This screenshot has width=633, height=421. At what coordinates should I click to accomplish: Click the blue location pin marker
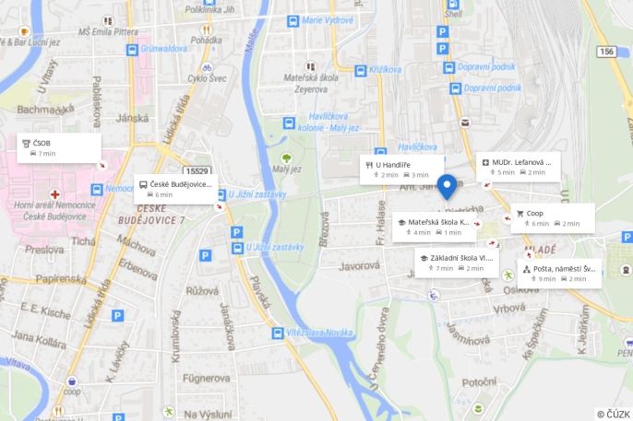click(448, 186)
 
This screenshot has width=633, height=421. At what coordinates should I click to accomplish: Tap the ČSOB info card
click(59, 147)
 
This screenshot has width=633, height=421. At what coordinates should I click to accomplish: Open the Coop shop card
click(554, 217)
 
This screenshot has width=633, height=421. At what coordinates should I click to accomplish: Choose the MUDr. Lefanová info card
click(520, 166)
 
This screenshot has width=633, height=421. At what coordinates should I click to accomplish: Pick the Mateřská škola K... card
click(434, 227)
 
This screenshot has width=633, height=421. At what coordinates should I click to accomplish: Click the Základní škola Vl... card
click(458, 263)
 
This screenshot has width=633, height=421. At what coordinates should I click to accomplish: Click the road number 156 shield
click(606, 52)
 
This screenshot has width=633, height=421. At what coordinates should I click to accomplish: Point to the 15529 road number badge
click(197, 170)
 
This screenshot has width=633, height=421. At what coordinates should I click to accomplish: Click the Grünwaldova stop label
click(165, 48)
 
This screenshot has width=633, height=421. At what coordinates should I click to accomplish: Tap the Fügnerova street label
click(205, 378)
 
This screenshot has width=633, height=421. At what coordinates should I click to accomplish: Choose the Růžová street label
click(202, 290)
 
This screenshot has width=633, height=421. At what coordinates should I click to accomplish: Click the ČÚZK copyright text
click(613, 414)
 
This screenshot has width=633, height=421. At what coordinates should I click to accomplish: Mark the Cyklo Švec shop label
click(209, 78)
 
